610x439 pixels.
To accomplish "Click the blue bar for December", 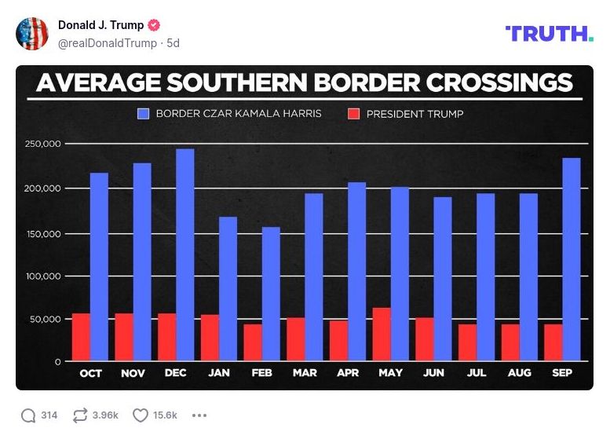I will pyautogui.click(x=185, y=255).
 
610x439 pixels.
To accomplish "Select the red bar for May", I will pyautogui.click(x=382, y=335).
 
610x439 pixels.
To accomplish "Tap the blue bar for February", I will pyautogui.click(x=271, y=294).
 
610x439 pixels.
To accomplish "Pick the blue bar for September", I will pyautogui.click(x=572, y=259).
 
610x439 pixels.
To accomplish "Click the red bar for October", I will pyautogui.click(x=81, y=337).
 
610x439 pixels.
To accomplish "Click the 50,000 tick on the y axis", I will pyautogui.click(x=46, y=320).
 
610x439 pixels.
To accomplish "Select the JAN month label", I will pyautogui.click(x=219, y=373).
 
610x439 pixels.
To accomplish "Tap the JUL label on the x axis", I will pyautogui.click(x=477, y=373).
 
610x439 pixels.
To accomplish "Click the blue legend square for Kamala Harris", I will pyautogui.click(x=143, y=114).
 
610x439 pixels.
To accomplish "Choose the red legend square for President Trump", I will pyautogui.click(x=353, y=114).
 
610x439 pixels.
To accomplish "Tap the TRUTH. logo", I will pyautogui.click(x=550, y=33).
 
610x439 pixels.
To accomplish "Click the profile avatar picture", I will pyautogui.click(x=32, y=33).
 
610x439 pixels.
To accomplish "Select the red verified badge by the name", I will pyautogui.click(x=155, y=25).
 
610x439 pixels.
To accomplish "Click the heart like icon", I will pyautogui.click(x=141, y=415).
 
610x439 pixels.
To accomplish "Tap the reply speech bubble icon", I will pyautogui.click(x=29, y=415).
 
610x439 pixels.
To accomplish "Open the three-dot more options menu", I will pyautogui.click(x=199, y=415).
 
